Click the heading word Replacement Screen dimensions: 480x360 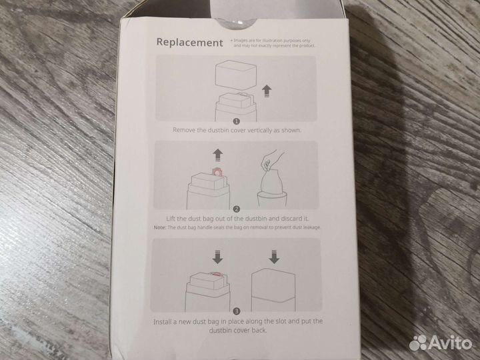point(189,42)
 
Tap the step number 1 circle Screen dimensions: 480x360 point(236,121)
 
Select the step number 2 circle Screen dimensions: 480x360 point(236,209)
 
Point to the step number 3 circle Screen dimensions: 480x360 point(237,311)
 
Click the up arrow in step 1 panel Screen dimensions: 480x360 point(267,91)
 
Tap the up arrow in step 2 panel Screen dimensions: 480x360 point(217,155)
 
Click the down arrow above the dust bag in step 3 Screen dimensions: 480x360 point(217,257)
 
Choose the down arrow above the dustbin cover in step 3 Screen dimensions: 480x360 point(274,257)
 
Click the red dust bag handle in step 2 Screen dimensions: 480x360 point(217,172)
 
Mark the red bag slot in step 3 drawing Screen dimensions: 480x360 point(217,274)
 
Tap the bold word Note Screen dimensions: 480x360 point(160,227)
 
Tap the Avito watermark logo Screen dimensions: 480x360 point(440,342)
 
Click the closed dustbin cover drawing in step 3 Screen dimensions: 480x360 point(273,289)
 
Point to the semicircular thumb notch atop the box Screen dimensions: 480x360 point(235,23)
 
